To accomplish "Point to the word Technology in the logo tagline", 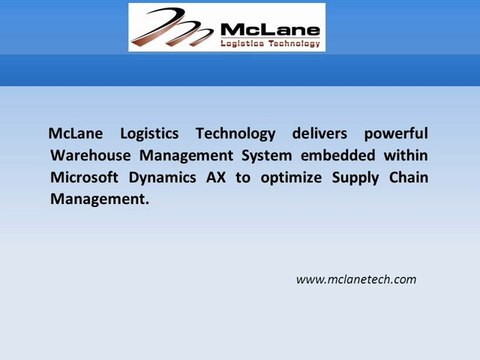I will (x=291, y=44).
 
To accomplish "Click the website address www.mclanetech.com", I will (x=356, y=279).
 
